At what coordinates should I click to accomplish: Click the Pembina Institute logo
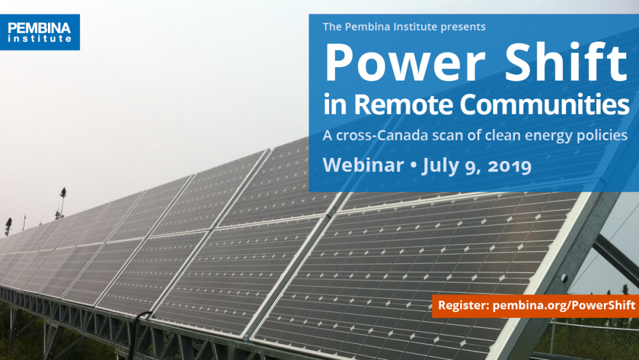pyautogui.click(x=40, y=32)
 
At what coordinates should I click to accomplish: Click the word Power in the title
pyautogui.click(x=390, y=63)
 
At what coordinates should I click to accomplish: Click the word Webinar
pyautogui.click(x=363, y=165)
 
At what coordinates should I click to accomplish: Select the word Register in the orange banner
pyautogui.click(x=463, y=306)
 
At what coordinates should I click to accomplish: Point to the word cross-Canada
pyautogui.click(x=372, y=136)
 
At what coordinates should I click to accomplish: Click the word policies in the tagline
pyautogui.click(x=603, y=136)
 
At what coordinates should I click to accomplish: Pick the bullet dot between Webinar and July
pyautogui.click(x=413, y=166)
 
